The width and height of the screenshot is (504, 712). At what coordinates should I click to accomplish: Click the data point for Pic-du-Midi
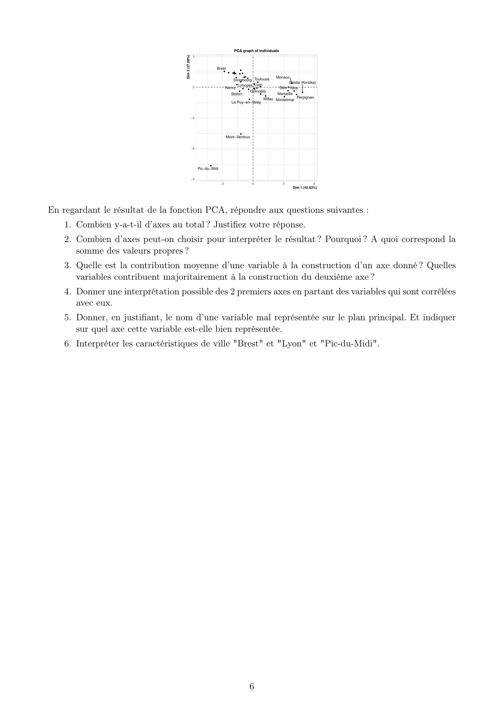(211, 166)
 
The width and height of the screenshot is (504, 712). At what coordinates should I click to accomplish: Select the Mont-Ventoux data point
(241, 134)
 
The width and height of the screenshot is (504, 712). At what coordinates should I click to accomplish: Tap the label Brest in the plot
(221, 68)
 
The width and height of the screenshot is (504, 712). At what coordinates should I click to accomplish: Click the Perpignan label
(305, 97)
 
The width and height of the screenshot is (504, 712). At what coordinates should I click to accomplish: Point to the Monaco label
(282, 77)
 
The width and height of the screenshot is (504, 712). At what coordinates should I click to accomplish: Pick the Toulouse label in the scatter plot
(262, 79)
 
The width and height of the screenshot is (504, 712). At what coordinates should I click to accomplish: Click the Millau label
(268, 99)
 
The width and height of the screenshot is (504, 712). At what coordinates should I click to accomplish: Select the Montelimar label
(285, 100)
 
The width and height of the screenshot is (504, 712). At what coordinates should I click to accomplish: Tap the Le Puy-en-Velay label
(246, 102)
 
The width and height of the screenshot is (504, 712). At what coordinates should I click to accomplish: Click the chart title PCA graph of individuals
(256, 51)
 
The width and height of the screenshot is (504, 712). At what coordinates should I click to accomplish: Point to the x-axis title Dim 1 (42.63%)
(305, 188)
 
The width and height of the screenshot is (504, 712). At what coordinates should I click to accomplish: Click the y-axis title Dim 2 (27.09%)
(188, 67)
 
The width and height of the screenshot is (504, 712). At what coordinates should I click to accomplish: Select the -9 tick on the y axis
(193, 179)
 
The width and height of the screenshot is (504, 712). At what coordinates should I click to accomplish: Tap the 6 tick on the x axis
(314, 184)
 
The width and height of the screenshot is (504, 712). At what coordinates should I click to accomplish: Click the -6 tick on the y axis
(193, 149)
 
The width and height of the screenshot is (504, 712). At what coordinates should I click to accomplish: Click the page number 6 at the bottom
(252, 686)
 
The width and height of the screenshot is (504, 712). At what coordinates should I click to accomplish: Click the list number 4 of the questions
(68, 292)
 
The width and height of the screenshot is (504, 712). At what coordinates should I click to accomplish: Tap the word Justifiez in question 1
(232, 225)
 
